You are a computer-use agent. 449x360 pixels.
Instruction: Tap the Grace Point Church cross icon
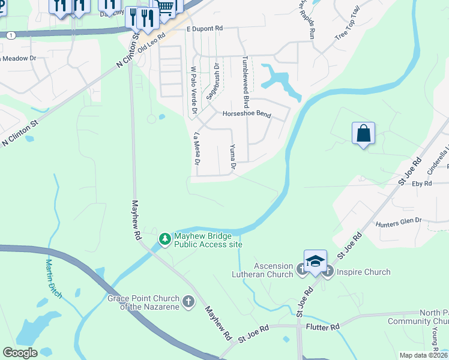coord(188,301)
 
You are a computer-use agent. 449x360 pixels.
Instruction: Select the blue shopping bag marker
coord(364,133)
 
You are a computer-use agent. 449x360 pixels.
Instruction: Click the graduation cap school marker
coord(315,262)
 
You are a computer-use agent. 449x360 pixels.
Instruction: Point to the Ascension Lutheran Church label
coord(264,270)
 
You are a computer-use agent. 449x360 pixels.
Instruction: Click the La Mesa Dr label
coord(196,148)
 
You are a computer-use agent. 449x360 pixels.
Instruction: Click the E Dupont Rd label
coord(204,28)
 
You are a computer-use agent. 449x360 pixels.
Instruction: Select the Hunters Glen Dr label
coord(399,223)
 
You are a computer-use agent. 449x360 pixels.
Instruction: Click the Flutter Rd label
coord(322,326)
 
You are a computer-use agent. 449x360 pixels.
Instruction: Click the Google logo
coord(20,352)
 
